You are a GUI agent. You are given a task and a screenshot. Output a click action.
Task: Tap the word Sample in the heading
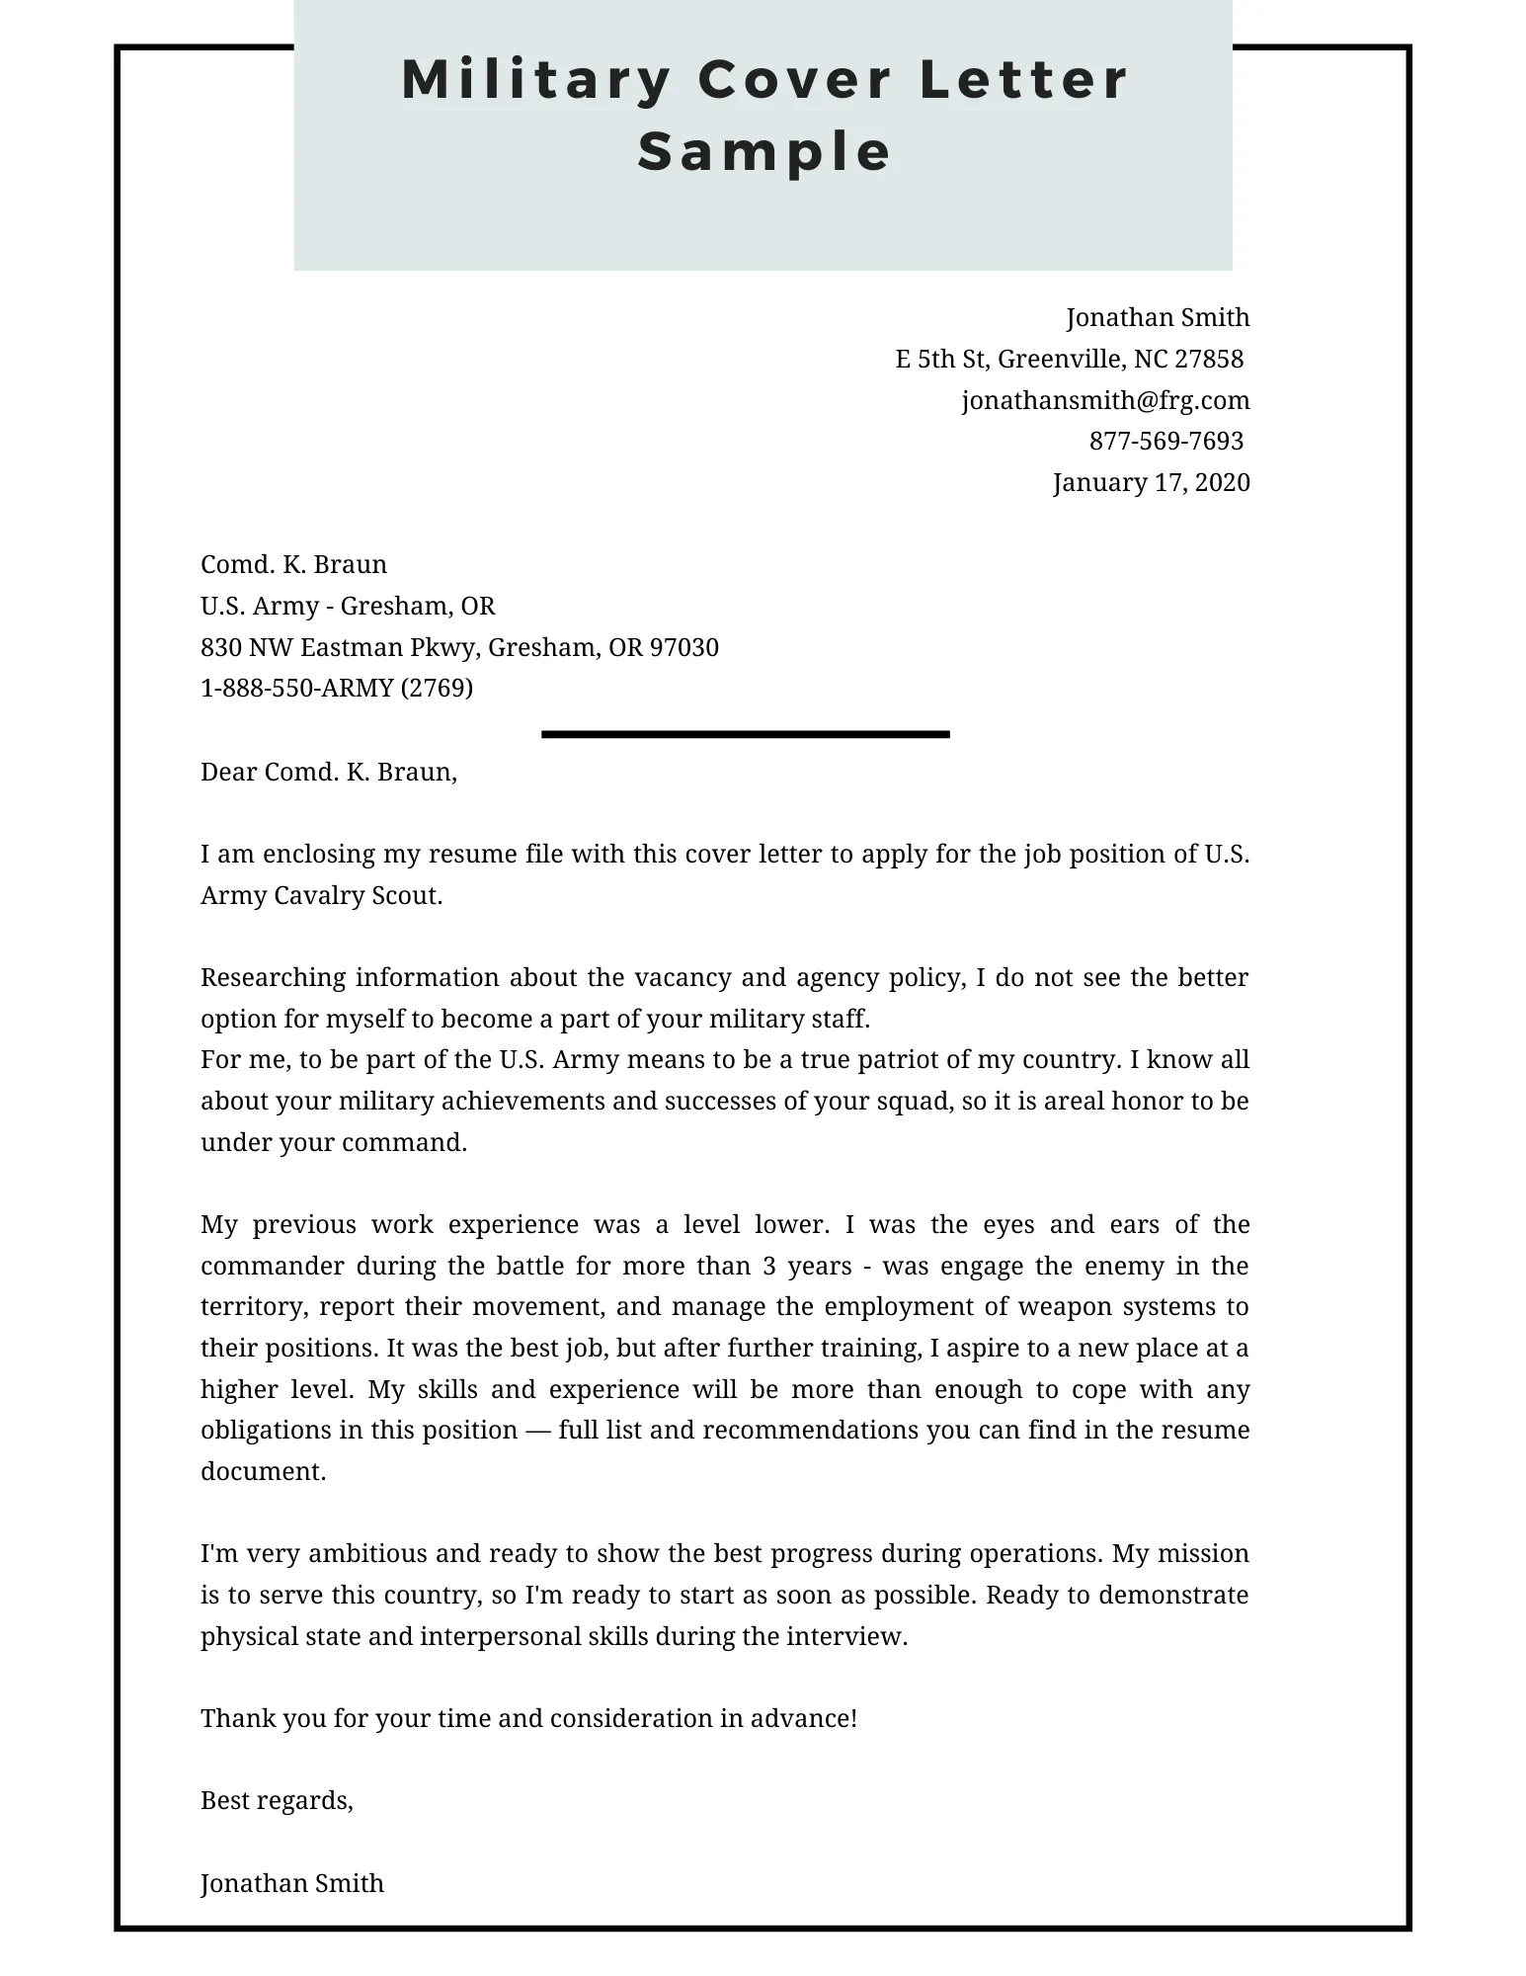tap(764, 152)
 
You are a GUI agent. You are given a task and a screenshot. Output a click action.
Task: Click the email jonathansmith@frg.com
tap(1105, 400)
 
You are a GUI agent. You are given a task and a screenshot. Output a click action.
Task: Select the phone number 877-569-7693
tap(1165, 441)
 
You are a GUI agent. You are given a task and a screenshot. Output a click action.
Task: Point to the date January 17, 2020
tap(1151, 482)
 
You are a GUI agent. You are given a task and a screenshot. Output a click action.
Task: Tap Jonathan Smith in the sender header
tap(1158, 317)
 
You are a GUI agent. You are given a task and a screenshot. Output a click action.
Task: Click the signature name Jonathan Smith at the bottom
tap(291, 1883)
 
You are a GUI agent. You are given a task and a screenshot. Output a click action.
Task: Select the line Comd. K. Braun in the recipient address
tap(293, 564)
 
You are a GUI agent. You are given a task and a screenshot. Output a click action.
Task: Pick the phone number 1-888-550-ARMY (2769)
tap(336, 688)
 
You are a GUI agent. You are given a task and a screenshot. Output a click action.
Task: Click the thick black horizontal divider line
tap(745, 734)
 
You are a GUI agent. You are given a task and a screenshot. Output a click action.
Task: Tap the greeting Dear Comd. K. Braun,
tap(328, 772)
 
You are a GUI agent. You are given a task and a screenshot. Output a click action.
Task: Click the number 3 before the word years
tap(767, 1266)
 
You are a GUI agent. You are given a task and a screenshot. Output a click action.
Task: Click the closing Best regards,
tap(277, 1800)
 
